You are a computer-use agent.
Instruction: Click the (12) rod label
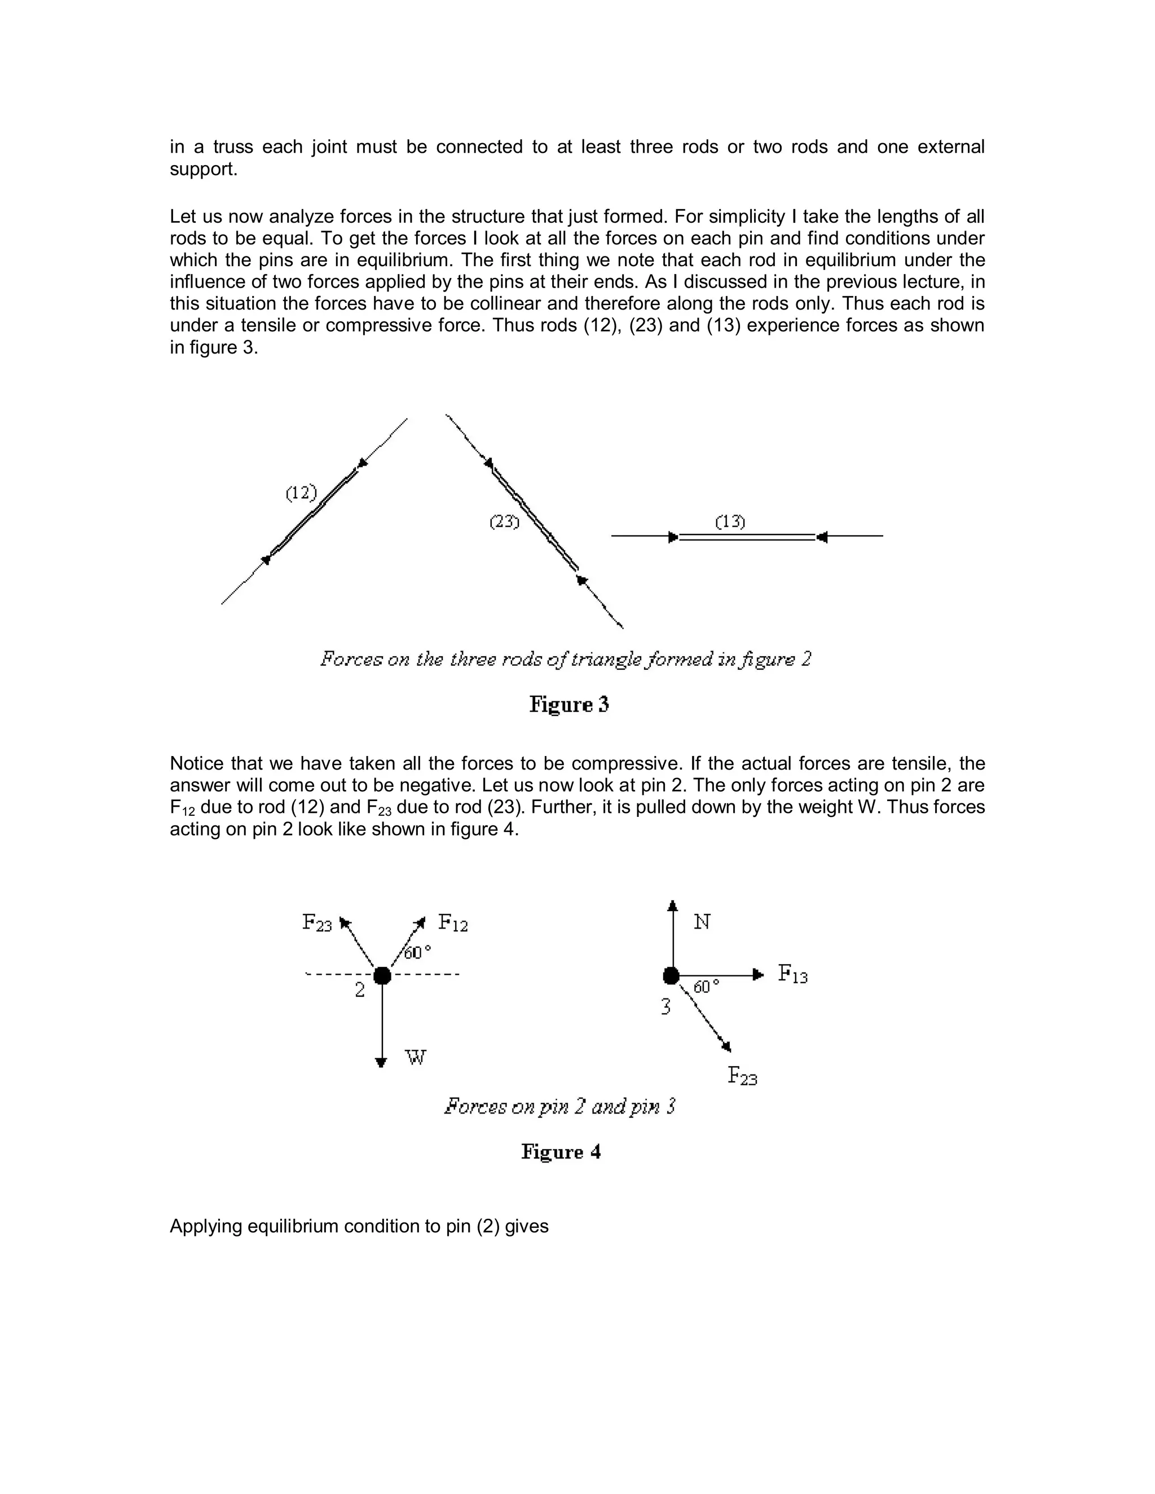(x=301, y=493)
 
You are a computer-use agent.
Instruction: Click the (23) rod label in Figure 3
(x=504, y=522)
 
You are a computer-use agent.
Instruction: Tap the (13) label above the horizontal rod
(x=730, y=522)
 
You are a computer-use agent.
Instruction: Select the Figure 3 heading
(x=568, y=705)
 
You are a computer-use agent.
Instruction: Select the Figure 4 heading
(x=561, y=1152)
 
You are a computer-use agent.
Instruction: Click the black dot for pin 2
(x=382, y=975)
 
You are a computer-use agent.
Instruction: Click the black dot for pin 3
(x=671, y=975)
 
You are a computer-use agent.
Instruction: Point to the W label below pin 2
(x=415, y=1058)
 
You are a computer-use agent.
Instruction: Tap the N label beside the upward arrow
(x=702, y=922)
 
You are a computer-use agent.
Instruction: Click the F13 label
(x=792, y=974)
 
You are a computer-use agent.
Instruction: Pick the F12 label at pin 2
(x=453, y=923)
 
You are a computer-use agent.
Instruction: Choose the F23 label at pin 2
(x=317, y=923)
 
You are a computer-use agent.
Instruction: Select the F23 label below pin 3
(x=742, y=1076)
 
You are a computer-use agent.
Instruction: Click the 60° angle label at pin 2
(x=417, y=953)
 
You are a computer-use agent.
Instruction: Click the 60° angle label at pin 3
(x=706, y=987)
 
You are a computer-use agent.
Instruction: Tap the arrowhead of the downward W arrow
(x=381, y=1062)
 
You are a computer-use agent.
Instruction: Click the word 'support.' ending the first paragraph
(x=203, y=169)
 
